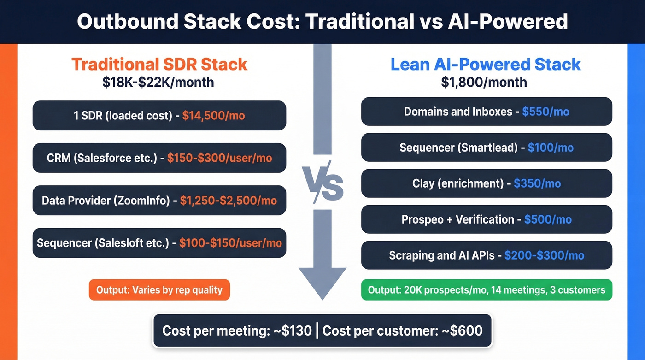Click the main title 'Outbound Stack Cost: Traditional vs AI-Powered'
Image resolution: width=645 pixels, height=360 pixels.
[x=322, y=22]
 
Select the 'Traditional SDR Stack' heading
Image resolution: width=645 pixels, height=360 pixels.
[x=159, y=64]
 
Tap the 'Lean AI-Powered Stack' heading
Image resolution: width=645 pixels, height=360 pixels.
[x=486, y=64]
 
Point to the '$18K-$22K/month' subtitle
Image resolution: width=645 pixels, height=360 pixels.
[x=158, y=82]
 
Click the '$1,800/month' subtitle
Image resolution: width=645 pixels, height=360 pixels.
[x=484, y=82]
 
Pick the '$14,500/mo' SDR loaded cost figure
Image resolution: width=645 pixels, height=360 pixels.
[x=213, y=115]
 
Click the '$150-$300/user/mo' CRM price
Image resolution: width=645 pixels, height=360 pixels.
[x=220, y=158]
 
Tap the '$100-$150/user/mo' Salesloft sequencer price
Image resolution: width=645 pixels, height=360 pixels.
[x=230, y=243]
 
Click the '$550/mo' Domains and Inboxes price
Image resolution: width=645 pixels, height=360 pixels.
[x=545, y=112]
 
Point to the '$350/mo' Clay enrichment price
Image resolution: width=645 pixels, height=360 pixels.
[x=537, y=183]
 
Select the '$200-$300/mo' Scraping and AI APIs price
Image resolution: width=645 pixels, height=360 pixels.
[x=544, y=255]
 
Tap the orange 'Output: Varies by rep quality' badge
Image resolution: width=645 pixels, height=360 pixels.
[x=159, y=290]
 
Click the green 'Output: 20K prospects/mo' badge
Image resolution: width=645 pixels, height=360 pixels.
[x=487, y=290]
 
